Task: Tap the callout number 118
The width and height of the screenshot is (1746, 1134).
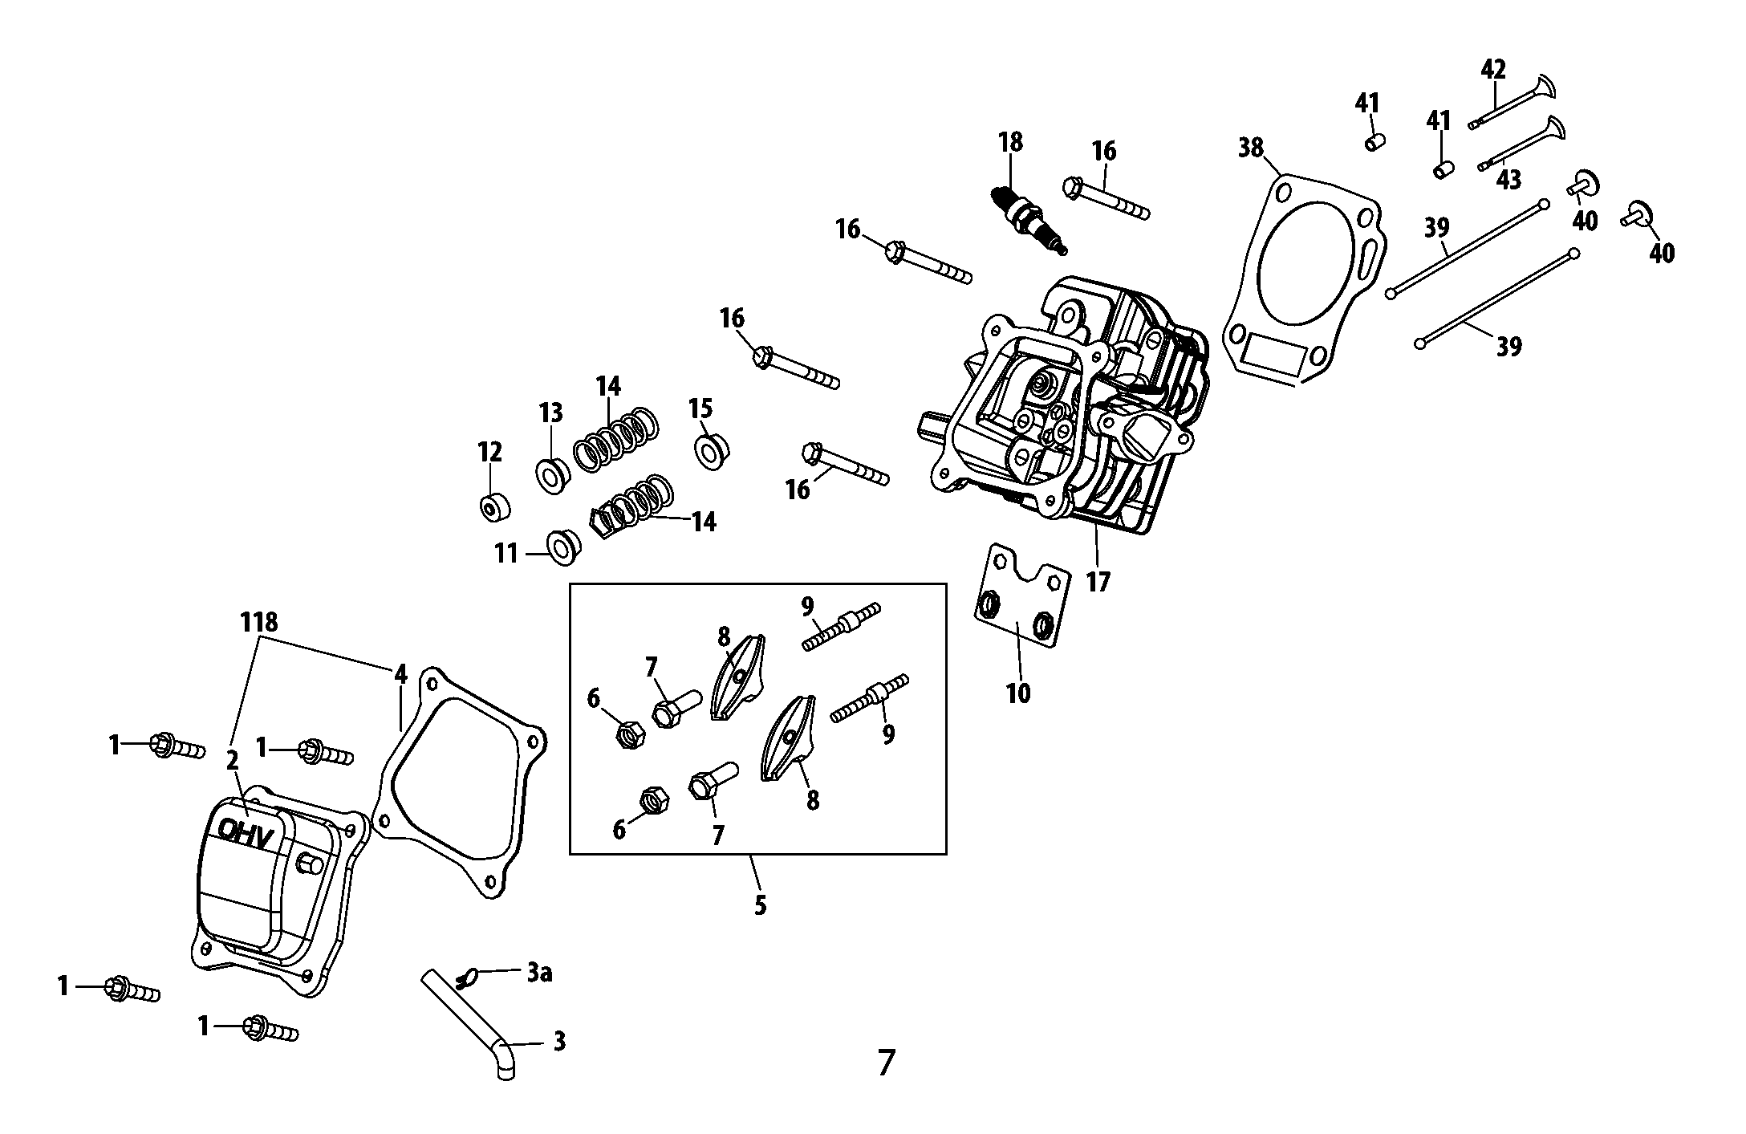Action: (x=259, y=623)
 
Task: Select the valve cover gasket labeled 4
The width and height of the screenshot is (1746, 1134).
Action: (x=401, y=770)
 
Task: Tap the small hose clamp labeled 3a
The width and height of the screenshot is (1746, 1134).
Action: (x=466, y=978)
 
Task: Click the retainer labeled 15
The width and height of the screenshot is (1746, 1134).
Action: (x=709, y=452)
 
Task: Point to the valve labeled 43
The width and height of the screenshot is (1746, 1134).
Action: (x=1521, y=144)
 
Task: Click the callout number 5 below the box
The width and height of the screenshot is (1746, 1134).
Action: (x=760, y=905)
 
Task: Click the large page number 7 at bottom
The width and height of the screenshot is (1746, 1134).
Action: (x=885, y=1063)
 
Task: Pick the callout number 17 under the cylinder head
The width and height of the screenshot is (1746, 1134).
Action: (x=1097, y=581)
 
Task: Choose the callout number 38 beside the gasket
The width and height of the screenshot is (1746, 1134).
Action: (x=1250, y=148)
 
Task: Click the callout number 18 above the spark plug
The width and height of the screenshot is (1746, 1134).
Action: (x=1010, y=143)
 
